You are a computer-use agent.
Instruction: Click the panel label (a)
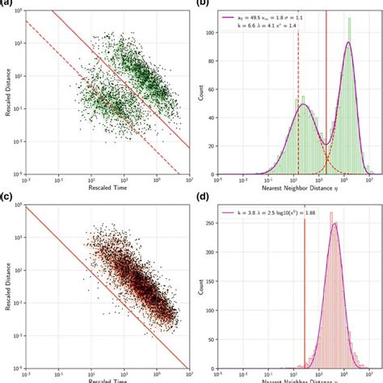coord(6,3)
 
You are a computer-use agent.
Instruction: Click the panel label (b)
coord(203,3)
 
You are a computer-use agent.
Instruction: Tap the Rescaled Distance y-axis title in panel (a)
coord(7,92)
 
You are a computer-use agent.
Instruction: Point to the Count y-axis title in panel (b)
coord(202,92)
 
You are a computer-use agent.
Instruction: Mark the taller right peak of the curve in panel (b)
coord(349,44)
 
